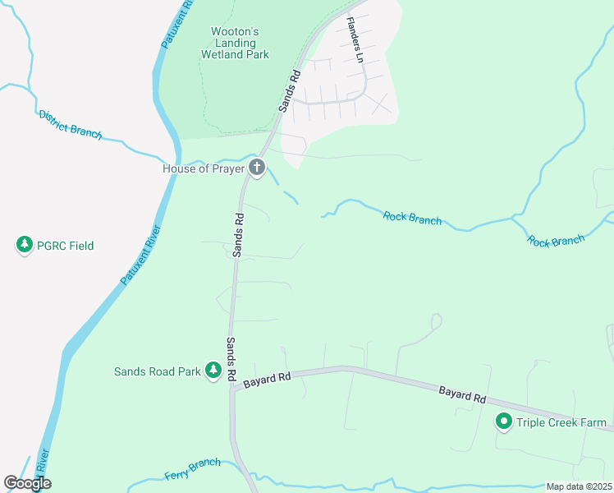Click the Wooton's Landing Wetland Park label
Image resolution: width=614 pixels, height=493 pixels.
(234, 43)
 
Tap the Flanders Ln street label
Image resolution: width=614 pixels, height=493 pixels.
(354, 40)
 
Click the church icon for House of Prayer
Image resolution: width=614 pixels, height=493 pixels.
(257, 169)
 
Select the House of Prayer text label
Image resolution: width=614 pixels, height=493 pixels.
(203, 169)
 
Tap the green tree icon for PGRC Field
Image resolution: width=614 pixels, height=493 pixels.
(25, 245)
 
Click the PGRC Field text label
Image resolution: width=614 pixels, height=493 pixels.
(65, 246)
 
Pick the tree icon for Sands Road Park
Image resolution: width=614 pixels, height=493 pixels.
(213, 371)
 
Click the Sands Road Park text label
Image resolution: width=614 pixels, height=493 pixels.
(158, 371)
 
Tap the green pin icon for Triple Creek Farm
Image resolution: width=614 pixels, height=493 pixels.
(504, 423)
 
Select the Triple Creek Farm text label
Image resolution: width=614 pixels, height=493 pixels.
(561, 424)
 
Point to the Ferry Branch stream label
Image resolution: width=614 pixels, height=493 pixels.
(192, 470)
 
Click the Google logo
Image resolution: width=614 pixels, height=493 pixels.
(27, 483)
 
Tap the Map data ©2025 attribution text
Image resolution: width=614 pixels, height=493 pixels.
(579, 486)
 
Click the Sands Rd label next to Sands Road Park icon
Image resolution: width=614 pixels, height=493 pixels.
(232, 360)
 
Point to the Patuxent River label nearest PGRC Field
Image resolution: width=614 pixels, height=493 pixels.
(140, 255)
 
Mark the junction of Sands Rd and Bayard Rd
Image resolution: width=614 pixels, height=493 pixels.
(233, 389)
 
